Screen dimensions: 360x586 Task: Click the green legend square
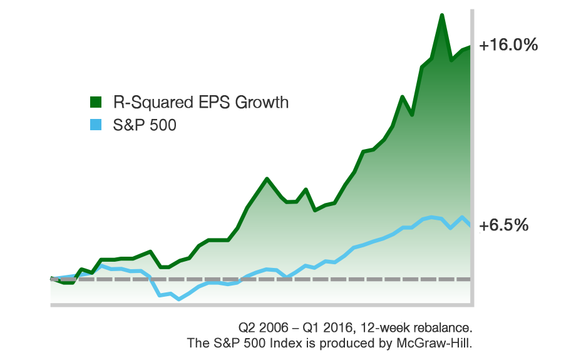point(96,102)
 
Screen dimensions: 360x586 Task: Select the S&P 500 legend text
point(145,125)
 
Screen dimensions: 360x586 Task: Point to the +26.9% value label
point(506,234)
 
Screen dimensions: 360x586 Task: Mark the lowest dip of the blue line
point(179,299)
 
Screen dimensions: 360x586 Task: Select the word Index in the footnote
point(285,343)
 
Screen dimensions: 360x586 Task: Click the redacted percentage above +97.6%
point(508,46)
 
